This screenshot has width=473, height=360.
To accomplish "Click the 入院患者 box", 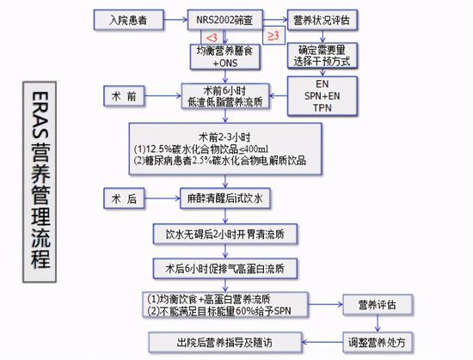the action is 129,20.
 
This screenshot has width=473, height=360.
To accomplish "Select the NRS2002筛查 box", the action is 225,20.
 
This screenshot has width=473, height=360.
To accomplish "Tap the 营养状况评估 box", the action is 322,20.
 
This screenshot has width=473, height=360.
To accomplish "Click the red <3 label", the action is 212,38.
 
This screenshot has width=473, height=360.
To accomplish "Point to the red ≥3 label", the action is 273,36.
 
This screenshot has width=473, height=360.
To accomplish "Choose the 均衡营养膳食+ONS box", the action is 225,57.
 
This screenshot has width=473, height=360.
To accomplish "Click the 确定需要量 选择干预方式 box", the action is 322,56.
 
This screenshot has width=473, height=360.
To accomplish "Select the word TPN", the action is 322,108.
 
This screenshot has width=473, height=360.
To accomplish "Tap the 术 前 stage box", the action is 124,96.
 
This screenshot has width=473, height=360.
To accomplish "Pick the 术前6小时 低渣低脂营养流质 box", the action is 225,96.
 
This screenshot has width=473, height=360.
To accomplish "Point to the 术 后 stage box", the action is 124,198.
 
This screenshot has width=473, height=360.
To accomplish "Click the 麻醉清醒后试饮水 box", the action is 225,198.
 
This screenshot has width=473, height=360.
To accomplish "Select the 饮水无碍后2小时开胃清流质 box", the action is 225,234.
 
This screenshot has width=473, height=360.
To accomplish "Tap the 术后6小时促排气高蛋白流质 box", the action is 225,268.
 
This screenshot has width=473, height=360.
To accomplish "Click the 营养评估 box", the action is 378,304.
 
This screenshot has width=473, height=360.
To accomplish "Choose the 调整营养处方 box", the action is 378,343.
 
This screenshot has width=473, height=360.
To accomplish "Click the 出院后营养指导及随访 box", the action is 225,343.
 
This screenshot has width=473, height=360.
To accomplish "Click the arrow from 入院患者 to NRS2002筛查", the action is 175,20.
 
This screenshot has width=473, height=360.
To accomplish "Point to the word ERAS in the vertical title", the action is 40,115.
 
